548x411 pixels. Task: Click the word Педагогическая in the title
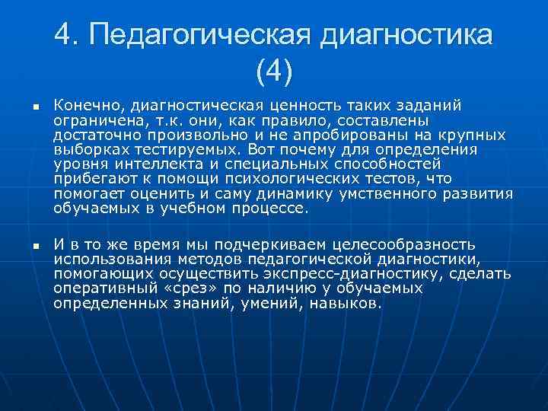point(200,35)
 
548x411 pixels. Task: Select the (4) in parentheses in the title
point(274,73)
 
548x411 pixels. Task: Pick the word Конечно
point(86,106)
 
